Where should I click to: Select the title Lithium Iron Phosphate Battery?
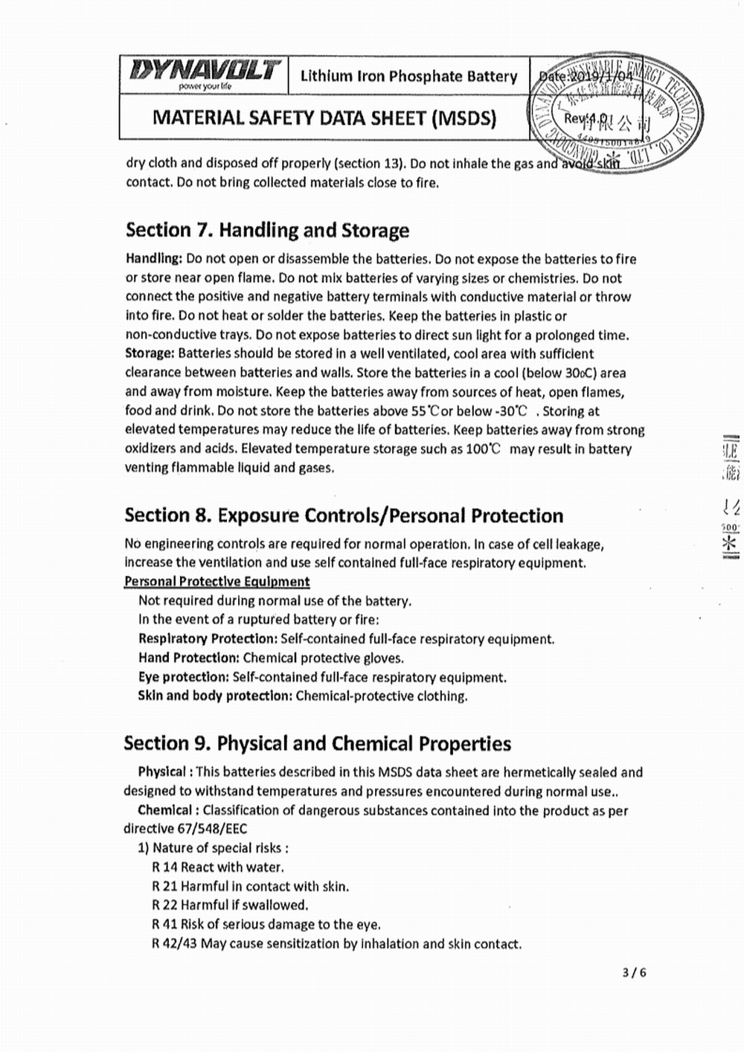(x=408, y=76)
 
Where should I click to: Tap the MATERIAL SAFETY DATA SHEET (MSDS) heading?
(x=324, y=118)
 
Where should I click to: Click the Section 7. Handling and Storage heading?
(x=267, y=230)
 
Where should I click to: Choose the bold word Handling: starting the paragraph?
(x=153, y=259)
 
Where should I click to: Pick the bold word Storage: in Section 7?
(x=150, y=353)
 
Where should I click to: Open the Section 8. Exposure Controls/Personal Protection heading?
(x=344, y=516)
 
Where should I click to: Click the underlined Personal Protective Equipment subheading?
(x=217, y=581)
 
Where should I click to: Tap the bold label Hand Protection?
(x=188, y=658)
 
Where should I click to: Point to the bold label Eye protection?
(x=183, y=677)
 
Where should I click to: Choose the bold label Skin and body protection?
(x=214, y=696)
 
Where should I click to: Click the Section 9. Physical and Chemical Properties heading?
(x=317, y=743)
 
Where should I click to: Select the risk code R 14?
(x=164, y=867)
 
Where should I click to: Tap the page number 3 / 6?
(x=635, y=972)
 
